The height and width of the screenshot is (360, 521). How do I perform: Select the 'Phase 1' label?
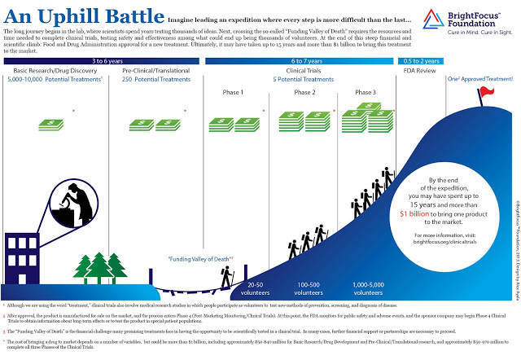pos(233,93)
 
